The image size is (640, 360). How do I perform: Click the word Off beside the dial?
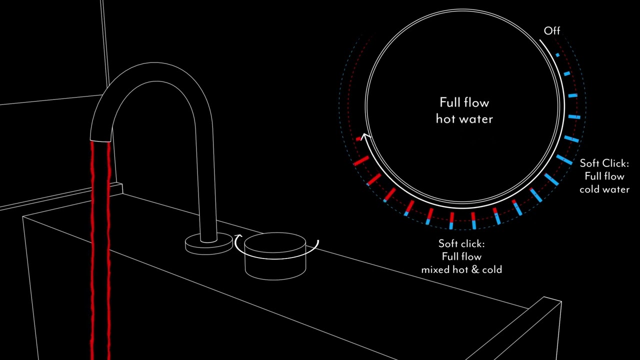[x=551, y=31]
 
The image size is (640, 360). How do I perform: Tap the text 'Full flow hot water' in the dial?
[x=464, y=111]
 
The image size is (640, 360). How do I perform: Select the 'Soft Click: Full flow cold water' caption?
[x=604, y=176]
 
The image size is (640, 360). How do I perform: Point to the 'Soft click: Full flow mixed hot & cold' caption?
[x=461, y=256]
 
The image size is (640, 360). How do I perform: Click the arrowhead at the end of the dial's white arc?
[x=365, y=136]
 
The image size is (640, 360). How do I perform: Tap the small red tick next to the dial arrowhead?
[x=358, y=139]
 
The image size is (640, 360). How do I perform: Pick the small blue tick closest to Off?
[x=557, y=55]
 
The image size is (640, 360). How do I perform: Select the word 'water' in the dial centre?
[x=477, y=119]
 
